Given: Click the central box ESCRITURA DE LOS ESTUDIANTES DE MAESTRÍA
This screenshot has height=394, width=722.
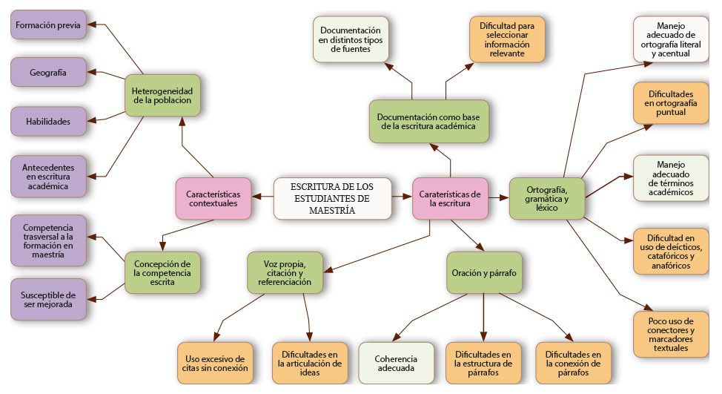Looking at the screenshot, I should coord(332,198).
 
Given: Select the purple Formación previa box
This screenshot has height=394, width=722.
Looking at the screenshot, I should coord(47,24).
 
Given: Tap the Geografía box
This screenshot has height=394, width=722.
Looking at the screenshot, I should coord(47,73).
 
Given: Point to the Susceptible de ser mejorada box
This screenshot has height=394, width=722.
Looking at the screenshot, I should coord(48,300).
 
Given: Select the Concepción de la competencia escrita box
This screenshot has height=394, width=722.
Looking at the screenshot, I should coord(163,273).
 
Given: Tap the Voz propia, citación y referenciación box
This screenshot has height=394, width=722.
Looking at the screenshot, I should coord(284,273).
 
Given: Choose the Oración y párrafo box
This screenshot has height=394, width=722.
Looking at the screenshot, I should coord(483,273).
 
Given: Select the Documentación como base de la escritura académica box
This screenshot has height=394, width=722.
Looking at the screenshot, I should coord(431,122).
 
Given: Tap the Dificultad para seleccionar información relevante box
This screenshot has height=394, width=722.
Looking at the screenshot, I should coord(507,39).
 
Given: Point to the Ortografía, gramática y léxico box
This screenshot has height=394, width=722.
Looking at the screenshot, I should coord(547,198).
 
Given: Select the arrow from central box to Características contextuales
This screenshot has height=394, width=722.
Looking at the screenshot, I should coord(262,197).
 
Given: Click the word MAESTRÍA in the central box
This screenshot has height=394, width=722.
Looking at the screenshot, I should coord(332,211).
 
